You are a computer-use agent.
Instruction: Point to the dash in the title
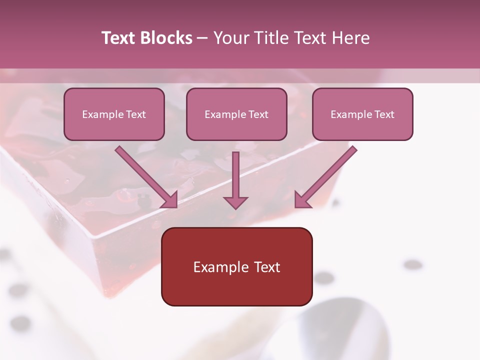click(x=202, y=38)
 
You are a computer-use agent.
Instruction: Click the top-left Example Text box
click(x=114, y=114)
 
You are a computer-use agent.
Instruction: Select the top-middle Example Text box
click(x=236, y=114)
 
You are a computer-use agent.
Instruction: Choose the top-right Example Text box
click(x=362, y=114)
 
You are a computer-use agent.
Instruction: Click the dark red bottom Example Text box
click(x=236, y=266)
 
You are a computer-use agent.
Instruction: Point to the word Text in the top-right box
click(x=384, y=114)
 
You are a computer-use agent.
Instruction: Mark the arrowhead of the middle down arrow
click(x=235, y=202)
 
